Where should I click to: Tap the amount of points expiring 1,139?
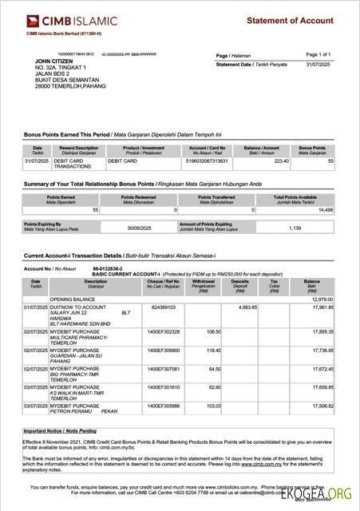click(x=295, y=228)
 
